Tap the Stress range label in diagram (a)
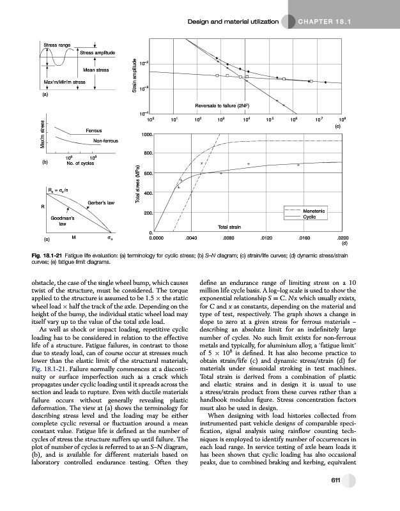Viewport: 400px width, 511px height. coord(57,45)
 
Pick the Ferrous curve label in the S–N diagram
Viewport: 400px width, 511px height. coord(94,130)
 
